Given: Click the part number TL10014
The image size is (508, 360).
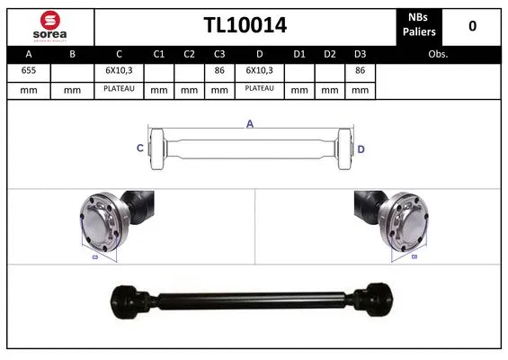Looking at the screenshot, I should click(x=244, y=25).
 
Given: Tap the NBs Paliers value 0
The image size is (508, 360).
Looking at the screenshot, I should click(x=472, y=25).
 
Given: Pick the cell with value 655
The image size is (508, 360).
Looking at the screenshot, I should click(x=28, y=70).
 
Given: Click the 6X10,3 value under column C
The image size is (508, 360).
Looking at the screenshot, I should click(x=119, y=70).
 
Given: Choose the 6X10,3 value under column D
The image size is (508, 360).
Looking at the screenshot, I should click(x=260, y=70).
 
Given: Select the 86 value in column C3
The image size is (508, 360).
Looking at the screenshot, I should click(x=218, y=70).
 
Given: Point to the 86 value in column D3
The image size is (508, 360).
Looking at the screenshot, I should click(x=360, y=70).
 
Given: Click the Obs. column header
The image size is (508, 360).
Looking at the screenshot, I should click(x=438, y=54).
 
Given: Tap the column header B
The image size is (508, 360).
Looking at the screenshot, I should click(x=71, y=54).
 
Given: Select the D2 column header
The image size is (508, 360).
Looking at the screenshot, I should click(x=330, y=54).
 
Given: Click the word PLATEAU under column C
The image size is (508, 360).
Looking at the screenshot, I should click(x=119, y=88).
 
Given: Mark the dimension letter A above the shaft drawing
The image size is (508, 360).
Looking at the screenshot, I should click(x=249, y=125).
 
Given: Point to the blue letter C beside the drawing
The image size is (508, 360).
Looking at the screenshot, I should click(x=139, y=148).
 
